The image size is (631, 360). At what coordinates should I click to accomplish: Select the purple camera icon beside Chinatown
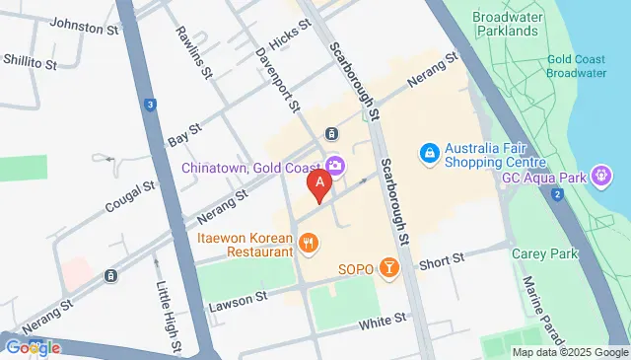click(x=336, y=164)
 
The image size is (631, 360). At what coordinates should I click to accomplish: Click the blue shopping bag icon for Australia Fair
click(x=430, y=153)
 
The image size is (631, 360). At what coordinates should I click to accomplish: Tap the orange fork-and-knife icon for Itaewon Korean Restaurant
click(x=309, y=243)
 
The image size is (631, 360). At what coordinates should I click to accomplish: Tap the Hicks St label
click(x=289, y=39)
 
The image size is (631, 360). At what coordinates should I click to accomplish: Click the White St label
click(x=383, y=321)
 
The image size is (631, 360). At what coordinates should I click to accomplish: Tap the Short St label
click(x=441, y=260)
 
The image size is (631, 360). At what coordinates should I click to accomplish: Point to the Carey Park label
click(x=536, y=253)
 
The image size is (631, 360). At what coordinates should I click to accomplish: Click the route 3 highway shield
click(x=149, y=105)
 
